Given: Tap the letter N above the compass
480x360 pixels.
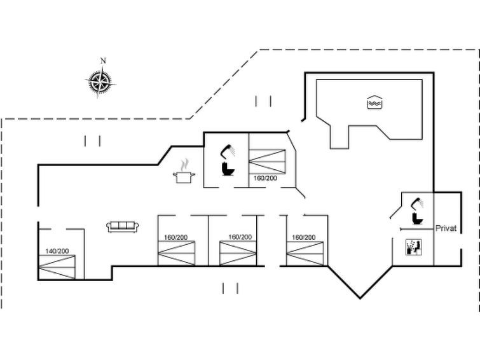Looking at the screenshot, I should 103,61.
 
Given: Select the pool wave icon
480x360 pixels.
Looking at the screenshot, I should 374,102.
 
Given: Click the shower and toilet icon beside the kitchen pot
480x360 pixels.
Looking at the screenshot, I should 226,162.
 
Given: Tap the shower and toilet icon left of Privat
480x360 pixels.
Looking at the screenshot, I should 416,212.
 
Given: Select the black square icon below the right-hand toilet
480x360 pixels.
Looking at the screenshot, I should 413,247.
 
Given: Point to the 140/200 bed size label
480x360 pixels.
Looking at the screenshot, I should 57,251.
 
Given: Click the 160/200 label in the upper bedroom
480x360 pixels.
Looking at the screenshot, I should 265,178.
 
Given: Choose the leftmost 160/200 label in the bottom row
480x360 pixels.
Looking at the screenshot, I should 175,237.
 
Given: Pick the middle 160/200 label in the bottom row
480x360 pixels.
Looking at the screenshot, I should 239,237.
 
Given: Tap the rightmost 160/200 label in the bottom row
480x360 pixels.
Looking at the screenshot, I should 303,237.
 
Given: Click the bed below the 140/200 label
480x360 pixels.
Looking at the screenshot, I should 57,266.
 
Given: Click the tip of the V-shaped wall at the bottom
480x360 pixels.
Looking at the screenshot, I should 360,298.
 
